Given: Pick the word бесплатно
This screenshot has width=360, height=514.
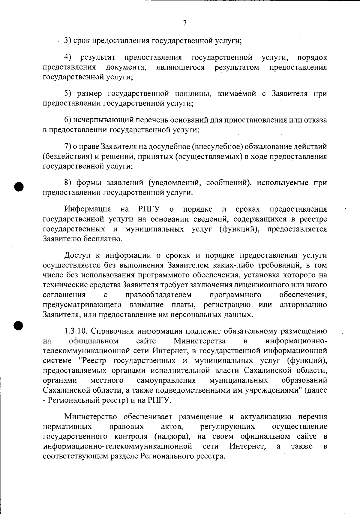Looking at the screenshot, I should click(102, 239).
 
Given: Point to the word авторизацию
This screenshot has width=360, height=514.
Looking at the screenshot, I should click(303, 305).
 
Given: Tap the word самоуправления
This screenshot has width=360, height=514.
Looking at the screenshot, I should click(166, 380).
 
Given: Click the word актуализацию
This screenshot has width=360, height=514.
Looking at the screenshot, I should click(266, 417).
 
